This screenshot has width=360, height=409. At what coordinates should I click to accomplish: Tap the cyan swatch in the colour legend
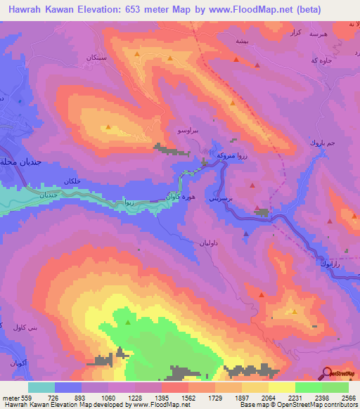(x=41, y=387)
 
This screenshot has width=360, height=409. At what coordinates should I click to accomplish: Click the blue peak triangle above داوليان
(x=245, y=234)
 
